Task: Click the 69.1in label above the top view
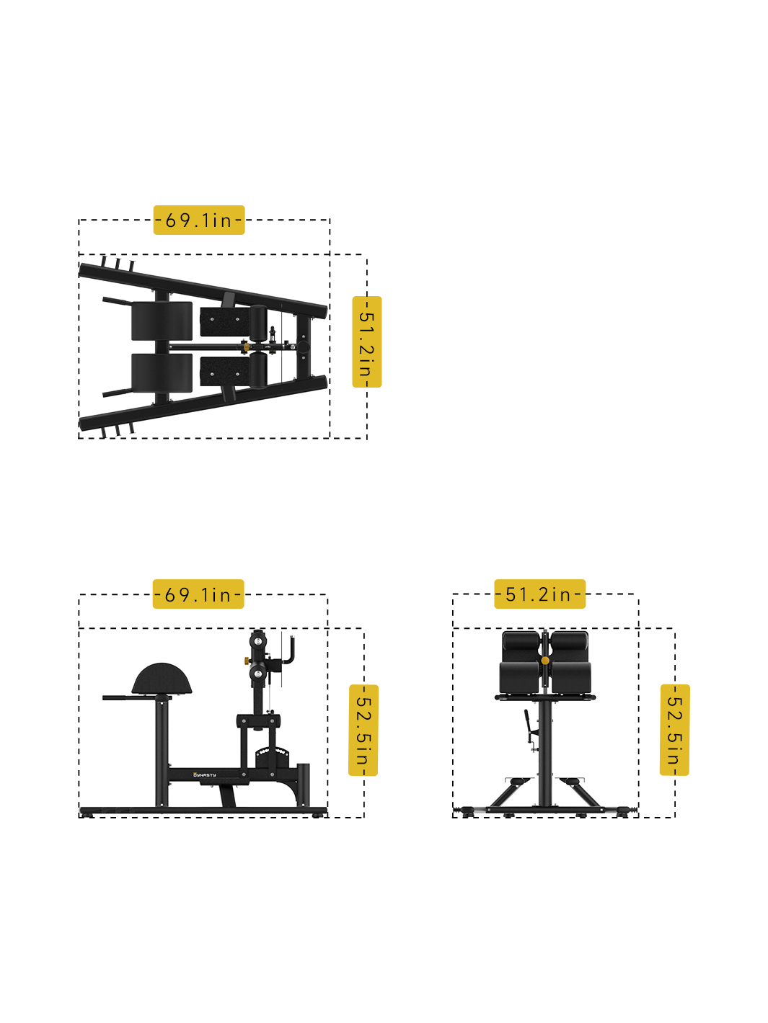point(199,220)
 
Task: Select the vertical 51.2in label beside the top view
point(366,342)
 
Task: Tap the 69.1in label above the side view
point(198,594)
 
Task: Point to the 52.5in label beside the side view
point(363,730)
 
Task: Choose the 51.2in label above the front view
point(539,594)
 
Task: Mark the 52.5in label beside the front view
point(674,730)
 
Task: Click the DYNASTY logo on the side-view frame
point(205,775)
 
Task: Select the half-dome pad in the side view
point(163,679)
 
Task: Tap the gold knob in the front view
point(545,660)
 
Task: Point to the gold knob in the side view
point(246,659)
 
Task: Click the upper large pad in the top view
point(162,321)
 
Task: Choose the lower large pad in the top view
point(162,373)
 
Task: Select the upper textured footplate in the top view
point(223,322)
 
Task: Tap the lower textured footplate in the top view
point(223,371)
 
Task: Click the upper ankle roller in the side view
point(258,640)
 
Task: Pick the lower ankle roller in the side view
point(258,675)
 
